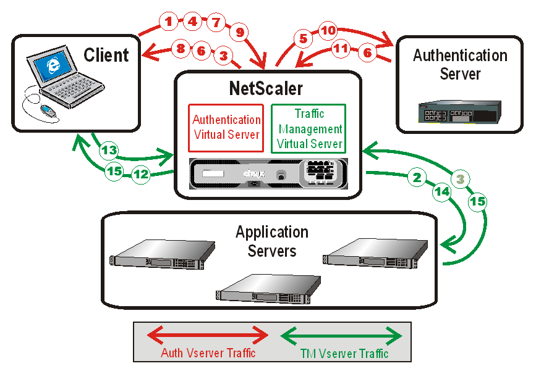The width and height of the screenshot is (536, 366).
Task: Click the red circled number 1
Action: click(x=168, y=21)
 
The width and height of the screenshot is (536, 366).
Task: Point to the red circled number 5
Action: click(x=303, y=38)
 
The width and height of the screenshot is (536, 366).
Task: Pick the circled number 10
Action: click(x=328, y=30)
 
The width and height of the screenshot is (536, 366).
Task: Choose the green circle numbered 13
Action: click(x=109, y=150)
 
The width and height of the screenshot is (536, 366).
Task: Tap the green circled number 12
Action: click(x=142, y=175)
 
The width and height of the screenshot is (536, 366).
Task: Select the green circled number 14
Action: click(x=441, y=191)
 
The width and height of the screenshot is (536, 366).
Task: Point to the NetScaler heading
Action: click(x=266, y=88)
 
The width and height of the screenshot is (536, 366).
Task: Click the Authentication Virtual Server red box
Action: click(x=226, y=128)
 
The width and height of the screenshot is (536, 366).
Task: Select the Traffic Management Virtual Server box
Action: click(x=308, y=128)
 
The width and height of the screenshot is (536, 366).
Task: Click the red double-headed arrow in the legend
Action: click(x=208, y=336)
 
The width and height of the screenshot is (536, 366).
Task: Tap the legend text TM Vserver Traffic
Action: click(x=344, y=354)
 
